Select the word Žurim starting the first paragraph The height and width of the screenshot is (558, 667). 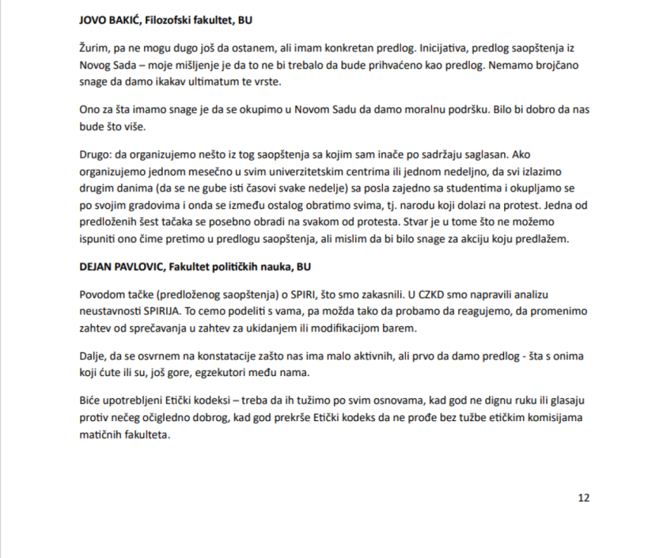pos(91,48)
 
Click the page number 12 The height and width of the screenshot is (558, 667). pos(584,497)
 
